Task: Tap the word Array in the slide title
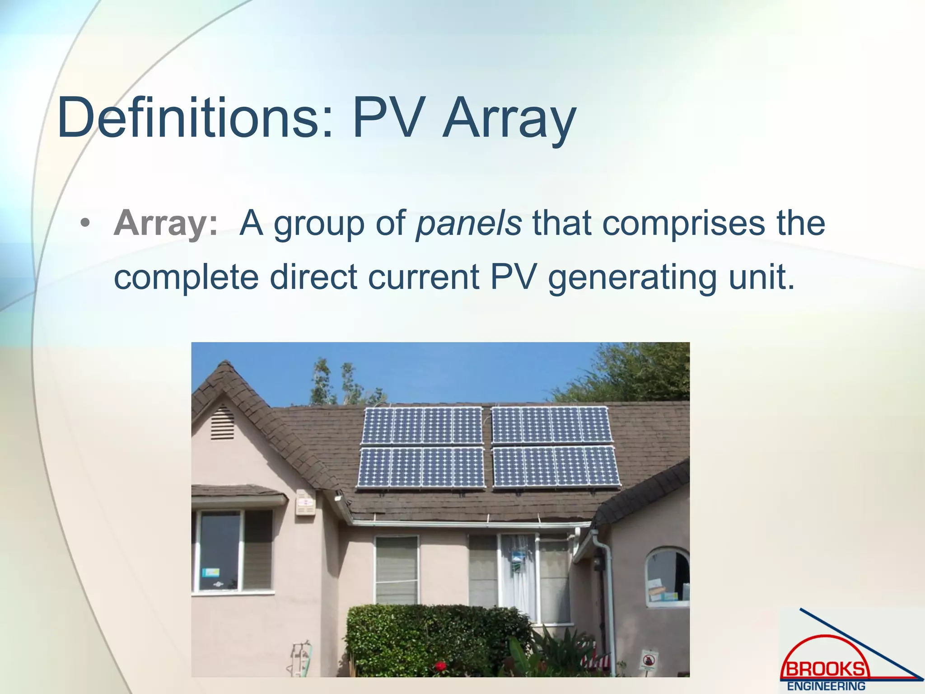509,118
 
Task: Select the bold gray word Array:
165,223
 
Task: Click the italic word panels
469,223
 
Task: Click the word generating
632,277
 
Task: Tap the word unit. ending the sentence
761,277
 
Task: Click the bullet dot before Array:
84,224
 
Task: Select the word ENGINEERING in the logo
826,686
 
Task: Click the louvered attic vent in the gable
222,423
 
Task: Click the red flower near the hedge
440,666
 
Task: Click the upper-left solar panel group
422,426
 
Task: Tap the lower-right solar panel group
556,467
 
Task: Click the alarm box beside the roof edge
305,502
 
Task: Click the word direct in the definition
313,277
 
